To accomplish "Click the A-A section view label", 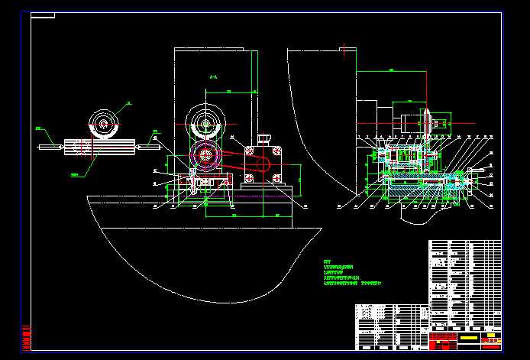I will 213,77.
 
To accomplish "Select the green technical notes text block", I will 352,273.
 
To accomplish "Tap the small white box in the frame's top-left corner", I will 43,15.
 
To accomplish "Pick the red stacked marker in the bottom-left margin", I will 27,336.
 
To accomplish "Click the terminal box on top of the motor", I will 265,138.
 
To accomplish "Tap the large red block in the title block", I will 443,337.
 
